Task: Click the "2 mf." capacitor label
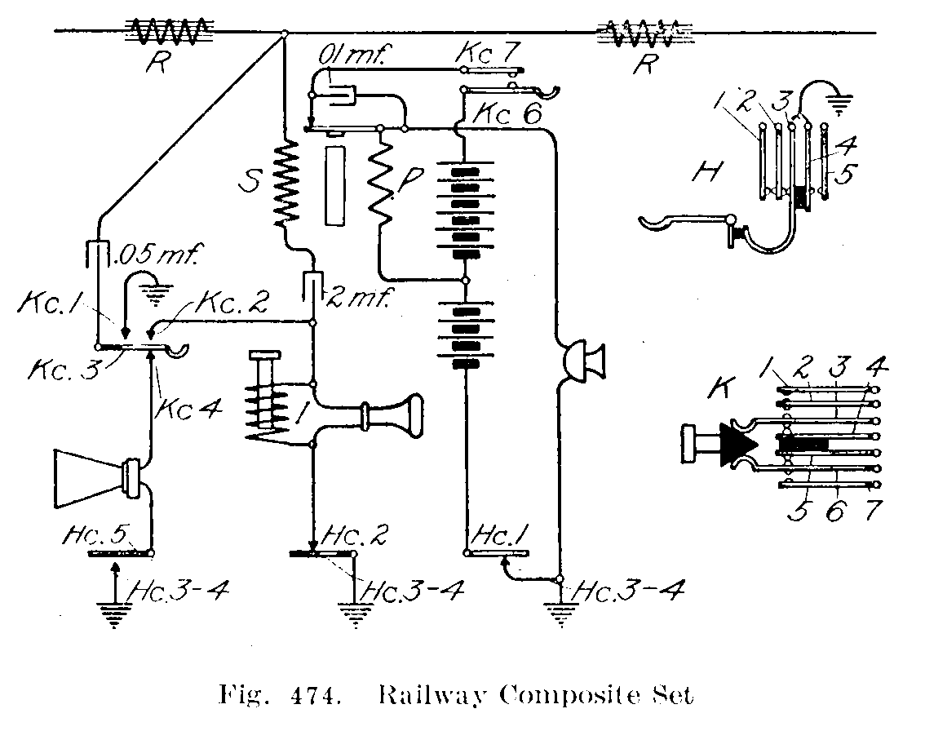(x=359, y=294)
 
